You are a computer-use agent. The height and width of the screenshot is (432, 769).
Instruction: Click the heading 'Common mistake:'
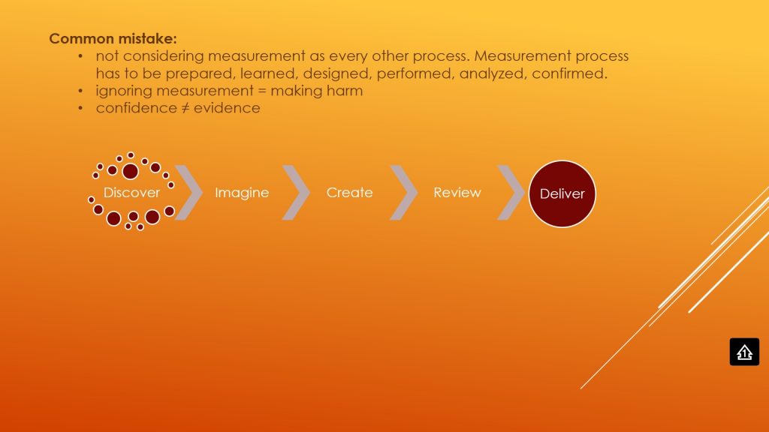(x=113, y=39)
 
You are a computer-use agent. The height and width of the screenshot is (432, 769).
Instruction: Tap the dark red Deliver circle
(x=562, y=194)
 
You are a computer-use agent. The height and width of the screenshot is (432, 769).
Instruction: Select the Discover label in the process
(x=131, y=193)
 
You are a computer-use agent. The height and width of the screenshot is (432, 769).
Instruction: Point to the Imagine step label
(x=242, y=193)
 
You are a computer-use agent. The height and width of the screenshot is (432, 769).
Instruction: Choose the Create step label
(x=350, y=193)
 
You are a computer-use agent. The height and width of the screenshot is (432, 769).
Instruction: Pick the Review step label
(x=457, y=193)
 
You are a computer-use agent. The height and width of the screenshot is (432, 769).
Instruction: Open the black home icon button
(x=744, y=352)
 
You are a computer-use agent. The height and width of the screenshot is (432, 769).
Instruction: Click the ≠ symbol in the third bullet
(x=185, y=108)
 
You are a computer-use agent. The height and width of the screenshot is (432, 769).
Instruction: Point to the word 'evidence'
(x=227, y=108)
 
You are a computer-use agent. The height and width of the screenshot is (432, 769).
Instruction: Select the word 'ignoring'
(x=124, y=91)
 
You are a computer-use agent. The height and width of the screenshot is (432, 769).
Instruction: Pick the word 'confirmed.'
(x=570, y=73)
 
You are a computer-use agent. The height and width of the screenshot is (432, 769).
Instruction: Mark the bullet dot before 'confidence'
(x=80, y=108)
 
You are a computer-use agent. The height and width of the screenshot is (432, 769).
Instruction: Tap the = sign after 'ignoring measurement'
(x=262, y=91)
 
